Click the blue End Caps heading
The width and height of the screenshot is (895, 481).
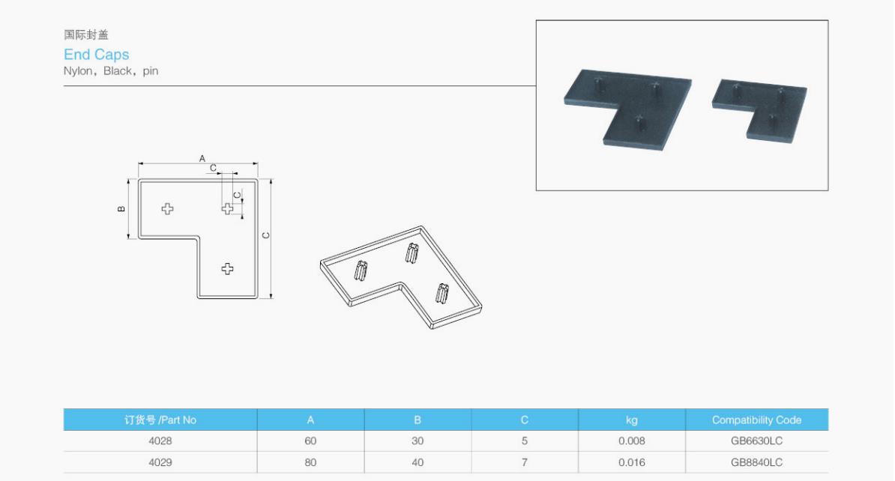tap(97, 54)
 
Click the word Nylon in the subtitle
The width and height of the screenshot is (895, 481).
tap(78, 70)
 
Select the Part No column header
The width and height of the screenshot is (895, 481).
tap(160, 420)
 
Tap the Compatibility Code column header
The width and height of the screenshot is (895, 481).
tap(756, 420)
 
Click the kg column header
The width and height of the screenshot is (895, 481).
tap(631, 420)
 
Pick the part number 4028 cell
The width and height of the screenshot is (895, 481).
tap(160, 441)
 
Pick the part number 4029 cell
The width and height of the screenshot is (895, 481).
tap(160, 462)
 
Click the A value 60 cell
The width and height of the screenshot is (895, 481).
tap(310, 441)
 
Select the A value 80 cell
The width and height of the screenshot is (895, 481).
tap(310, 462)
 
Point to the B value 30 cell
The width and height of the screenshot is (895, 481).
tap(418, 441)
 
